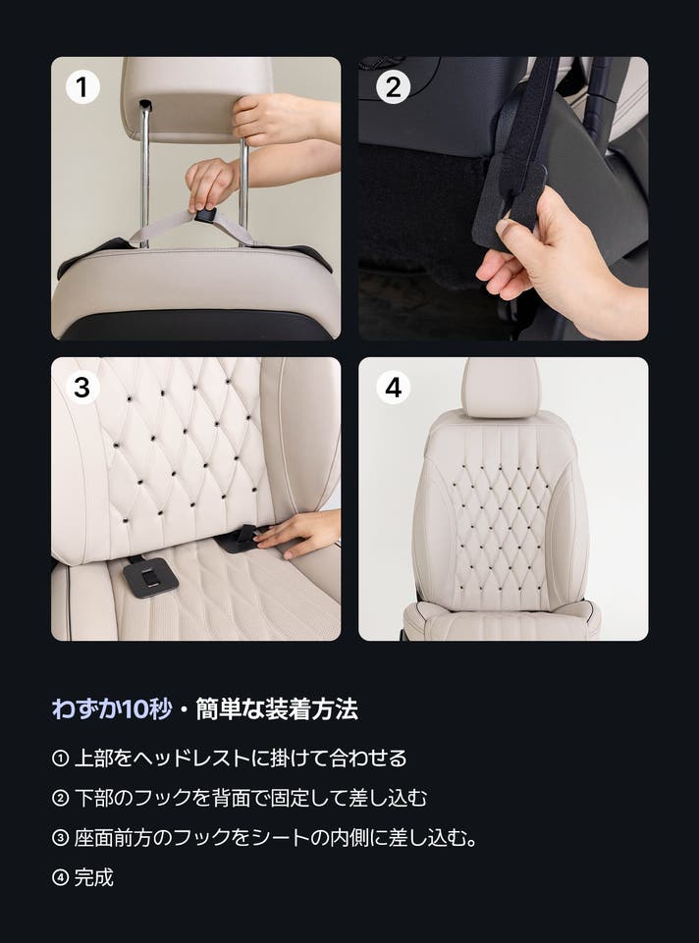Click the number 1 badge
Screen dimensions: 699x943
pos(82,87)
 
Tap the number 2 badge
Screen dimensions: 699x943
pos(394,87)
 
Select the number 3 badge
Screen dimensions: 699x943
pos(82,388)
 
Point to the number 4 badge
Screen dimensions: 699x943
pos(394,388)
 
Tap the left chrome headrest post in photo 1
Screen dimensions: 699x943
pos(144,175)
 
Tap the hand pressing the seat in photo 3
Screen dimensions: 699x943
pos(299,532)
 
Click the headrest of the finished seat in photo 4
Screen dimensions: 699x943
pos(501,387)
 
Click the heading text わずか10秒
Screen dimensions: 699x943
pos(112,709)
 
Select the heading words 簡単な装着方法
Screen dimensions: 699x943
pos(277,709)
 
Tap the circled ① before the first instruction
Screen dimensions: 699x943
pos(60,759)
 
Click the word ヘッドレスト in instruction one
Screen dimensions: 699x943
pos(191,759)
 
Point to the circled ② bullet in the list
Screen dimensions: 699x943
pos(60,798)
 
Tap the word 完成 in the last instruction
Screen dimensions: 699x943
pos(94,877)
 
